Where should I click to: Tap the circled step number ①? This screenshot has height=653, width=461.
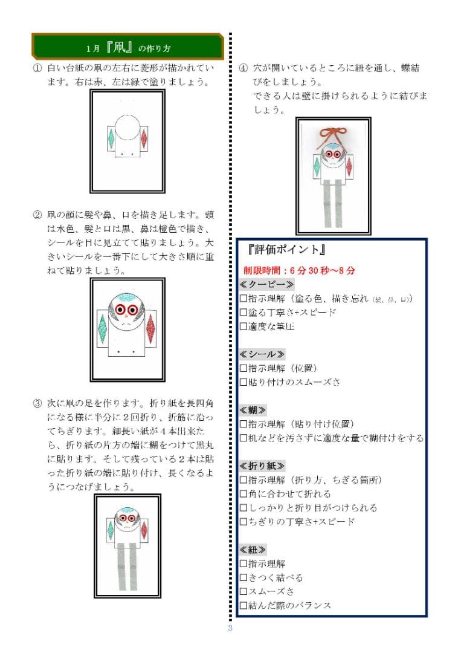click(36, 69)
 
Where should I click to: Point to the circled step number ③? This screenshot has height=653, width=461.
click(36, 403)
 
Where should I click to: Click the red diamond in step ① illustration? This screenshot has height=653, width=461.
click(144, 140)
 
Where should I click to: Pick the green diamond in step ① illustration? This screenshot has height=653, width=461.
click(112, 140)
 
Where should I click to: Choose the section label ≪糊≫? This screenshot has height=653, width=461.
click(253, 409)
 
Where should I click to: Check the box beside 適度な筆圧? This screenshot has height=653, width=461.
click(243, 326)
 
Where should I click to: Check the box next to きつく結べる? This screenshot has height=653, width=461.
click(243, 577)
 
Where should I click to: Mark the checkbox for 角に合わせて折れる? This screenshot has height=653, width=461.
click(243, 493)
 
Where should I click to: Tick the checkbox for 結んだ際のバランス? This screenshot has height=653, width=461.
click(243, 605)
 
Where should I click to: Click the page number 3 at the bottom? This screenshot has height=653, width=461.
click(230, 628)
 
